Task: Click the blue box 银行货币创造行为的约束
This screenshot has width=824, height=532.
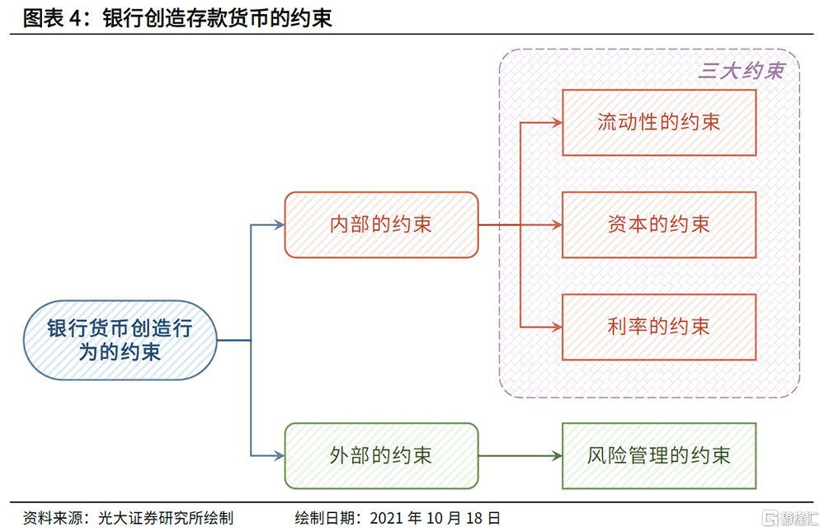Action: click(120, 340)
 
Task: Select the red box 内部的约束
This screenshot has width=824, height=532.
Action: click(381, 224)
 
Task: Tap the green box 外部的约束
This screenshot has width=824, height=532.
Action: click(381, 454)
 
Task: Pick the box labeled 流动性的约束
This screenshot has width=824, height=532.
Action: click(659, 122)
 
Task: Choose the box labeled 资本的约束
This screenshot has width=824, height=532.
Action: click(659, 224)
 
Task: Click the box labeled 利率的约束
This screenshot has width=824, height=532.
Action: click(659, 327)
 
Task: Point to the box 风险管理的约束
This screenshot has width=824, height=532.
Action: click(659, 454)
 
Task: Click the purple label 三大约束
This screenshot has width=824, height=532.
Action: click(740, 70)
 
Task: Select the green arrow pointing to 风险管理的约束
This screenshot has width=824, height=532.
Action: click(520, 455)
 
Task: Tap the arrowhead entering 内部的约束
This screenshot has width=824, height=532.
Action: click(278, 224)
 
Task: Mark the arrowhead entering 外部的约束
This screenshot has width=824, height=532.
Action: click(278, 454)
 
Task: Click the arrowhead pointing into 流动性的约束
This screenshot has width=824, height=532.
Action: click(557, 122)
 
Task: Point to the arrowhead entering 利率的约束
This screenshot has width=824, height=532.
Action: click(557, 327)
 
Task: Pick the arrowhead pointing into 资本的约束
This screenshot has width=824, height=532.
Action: click(557, 224)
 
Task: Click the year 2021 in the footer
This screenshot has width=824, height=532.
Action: click(387, 518)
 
